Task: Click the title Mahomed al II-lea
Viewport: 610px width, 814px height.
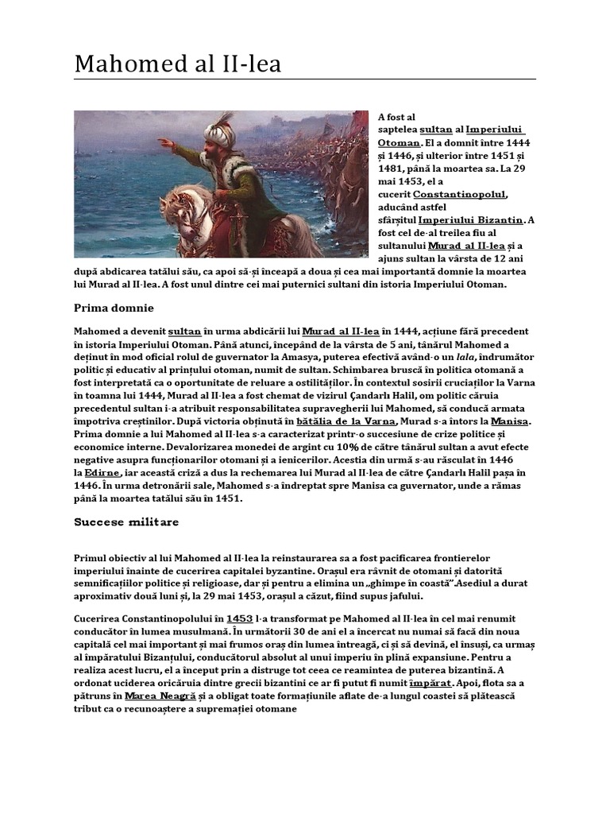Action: [x=178, y=64]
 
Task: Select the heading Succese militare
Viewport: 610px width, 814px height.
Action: [x=126, y=522]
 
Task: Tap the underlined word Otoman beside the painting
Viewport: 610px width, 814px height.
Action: [x=398, y=142]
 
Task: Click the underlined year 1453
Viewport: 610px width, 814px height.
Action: [x=240, y=618]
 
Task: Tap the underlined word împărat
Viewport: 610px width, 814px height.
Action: [x=432, y=682]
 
